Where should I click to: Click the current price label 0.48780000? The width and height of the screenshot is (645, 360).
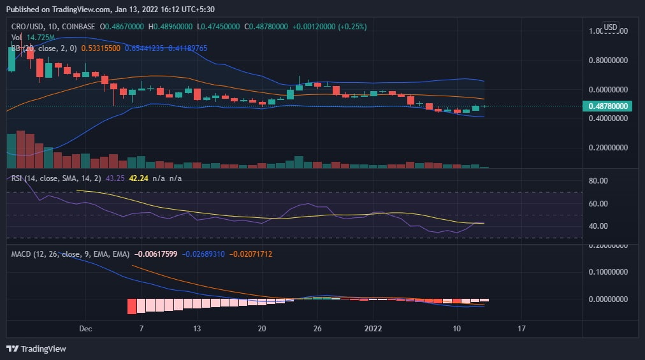coord(610,106)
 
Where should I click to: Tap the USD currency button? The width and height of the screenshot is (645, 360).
coord(611,27)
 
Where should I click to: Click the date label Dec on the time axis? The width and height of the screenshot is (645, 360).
coord(85,329)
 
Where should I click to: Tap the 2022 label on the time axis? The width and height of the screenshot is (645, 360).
coord(373,329)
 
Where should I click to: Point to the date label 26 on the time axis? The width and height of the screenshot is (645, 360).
coord(317,329)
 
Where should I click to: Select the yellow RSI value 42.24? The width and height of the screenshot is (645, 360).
coord(138,178)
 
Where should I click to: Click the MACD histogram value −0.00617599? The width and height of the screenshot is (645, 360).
coord(156,254)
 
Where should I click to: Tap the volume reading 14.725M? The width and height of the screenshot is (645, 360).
coord(41,38)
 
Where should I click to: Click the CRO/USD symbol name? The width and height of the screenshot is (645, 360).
coord(28,27)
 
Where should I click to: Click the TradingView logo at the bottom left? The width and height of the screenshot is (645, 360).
coord(36,349)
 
